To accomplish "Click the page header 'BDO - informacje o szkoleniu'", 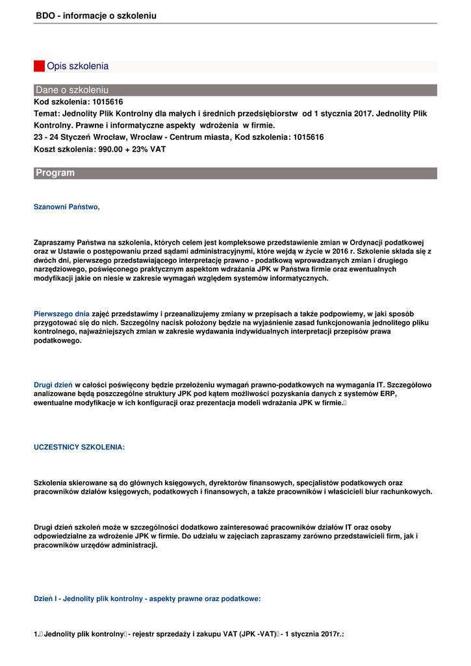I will (96, 15).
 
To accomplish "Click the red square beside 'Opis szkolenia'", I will (39, 66).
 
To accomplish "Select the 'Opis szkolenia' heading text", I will (77, 66).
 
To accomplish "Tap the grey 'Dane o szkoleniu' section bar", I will (235, 90).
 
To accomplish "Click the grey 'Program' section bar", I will (235, 173).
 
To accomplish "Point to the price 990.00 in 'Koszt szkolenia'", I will (110, 149).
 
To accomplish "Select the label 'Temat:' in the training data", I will (47, 113).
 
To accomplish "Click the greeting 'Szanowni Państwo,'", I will (67, 207).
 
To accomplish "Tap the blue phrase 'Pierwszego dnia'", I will (62, 313).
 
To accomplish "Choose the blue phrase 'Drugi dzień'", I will (53, 385).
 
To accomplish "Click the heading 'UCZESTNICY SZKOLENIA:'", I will (79, 447).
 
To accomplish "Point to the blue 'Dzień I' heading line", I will (147, 599).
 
